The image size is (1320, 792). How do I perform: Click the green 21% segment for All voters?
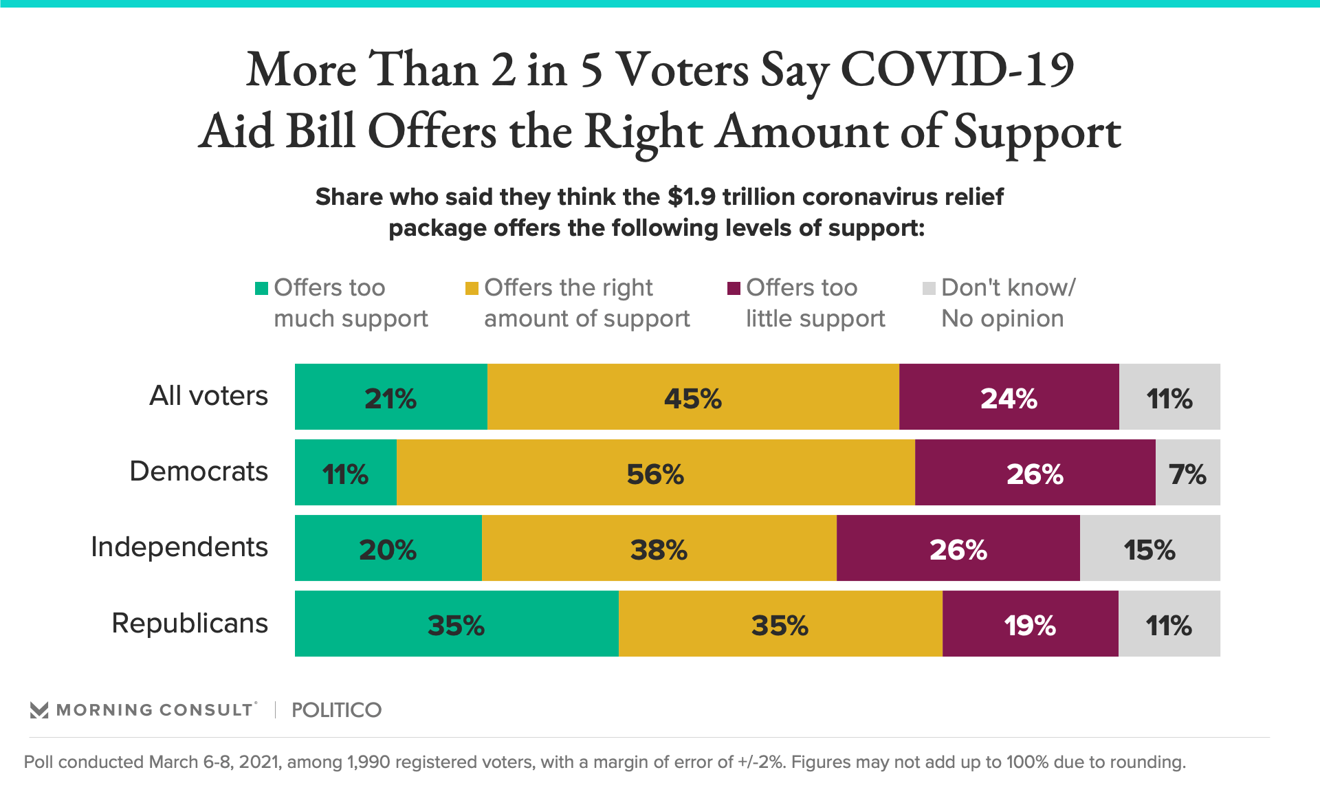coord(390,397)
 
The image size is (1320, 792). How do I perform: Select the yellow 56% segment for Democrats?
coord(655,472)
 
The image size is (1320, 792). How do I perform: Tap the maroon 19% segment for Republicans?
coord(1030,624)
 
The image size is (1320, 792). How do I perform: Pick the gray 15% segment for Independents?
coord(1149,548)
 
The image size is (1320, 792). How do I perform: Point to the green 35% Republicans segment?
coord(456,624)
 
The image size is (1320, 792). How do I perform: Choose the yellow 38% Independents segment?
coord(659,548)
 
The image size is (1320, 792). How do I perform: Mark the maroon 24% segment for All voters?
coord(1009,397)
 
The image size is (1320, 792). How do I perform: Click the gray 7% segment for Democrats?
coord(1187,472)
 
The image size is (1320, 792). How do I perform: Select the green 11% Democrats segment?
coord(346,472)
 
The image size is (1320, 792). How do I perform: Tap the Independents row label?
coord(179,547)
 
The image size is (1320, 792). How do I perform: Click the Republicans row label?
coord(190,624)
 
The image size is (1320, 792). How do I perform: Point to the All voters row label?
coord(208,396)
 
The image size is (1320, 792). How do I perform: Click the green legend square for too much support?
coord(261,288)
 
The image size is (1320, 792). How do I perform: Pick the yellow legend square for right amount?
coord(472,288)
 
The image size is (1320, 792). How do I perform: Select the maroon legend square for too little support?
coord(734,288)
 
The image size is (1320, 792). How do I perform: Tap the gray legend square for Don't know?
coord(929,288)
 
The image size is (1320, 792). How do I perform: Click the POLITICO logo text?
coord(336,709)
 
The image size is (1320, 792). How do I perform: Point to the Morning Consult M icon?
coord(39,710)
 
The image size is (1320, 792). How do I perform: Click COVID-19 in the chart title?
coord(957,69)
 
